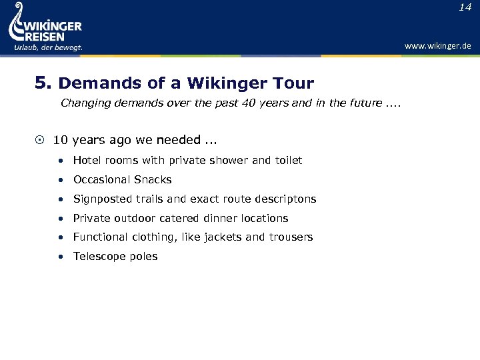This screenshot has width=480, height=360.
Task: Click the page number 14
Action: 465,7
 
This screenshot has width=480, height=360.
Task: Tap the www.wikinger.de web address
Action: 437,45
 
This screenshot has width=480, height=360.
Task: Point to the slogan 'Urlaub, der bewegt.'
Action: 48,47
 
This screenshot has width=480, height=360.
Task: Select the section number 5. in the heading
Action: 43,83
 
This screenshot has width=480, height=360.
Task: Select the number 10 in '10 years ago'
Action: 60,140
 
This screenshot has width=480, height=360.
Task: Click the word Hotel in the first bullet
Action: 87,160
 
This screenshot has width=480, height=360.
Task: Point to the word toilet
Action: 288,160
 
